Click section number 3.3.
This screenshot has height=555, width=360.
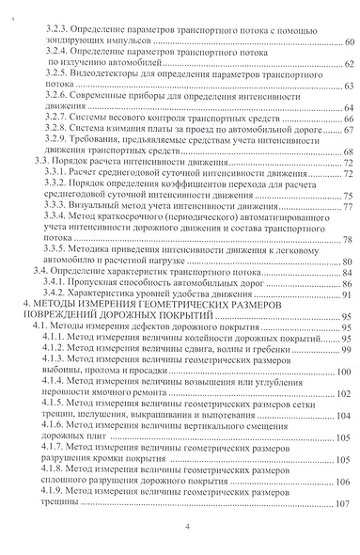42,163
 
